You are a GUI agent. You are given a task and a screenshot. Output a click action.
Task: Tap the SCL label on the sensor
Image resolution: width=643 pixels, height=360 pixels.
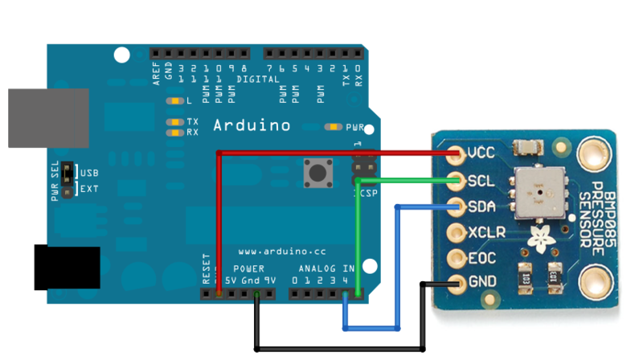coord(481,179)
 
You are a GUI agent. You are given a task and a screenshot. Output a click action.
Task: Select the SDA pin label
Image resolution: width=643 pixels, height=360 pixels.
coord(481,206)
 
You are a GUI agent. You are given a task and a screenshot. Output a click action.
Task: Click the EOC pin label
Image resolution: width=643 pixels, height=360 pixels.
coord(481,259)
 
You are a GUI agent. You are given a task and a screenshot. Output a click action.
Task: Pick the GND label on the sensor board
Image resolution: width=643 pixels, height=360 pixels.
coord(481,284)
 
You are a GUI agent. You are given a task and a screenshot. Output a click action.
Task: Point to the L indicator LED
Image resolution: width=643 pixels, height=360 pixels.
coord(172,102)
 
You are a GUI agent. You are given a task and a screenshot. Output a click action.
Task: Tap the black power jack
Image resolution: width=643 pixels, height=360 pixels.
coord(66,267)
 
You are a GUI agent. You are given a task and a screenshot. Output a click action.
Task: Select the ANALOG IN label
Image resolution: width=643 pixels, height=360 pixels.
coord(326,268)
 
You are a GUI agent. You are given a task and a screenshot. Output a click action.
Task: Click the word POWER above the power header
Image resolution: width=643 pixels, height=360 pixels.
coord(248,268)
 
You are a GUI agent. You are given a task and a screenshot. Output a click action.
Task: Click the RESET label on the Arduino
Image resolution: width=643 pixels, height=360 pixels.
coord(206,271)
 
